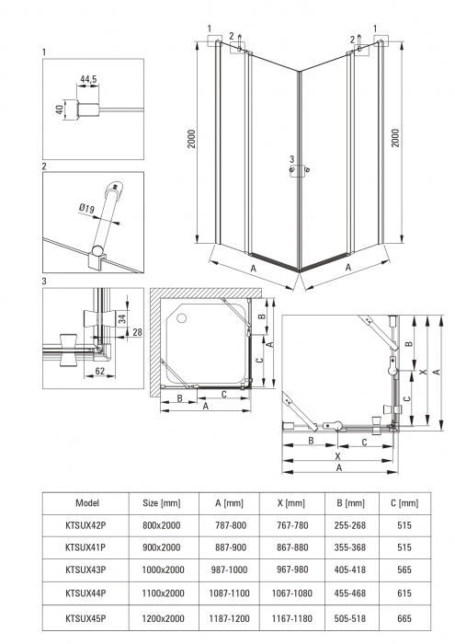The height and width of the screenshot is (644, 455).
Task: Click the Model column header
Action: [87, 502]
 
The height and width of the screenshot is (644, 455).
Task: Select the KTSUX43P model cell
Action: [85, 569]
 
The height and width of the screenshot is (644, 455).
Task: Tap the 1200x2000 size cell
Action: [163, 618]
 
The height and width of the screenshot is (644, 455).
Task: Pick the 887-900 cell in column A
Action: [231, 547]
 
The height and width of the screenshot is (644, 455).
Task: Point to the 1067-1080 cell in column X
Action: [292, 593]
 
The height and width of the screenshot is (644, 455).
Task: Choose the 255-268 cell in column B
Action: [350, 525]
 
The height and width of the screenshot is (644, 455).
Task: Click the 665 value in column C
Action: [404, 618]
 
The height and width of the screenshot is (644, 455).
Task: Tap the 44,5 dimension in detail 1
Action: [88, 79]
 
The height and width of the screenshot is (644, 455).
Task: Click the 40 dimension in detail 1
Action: [60, 109]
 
